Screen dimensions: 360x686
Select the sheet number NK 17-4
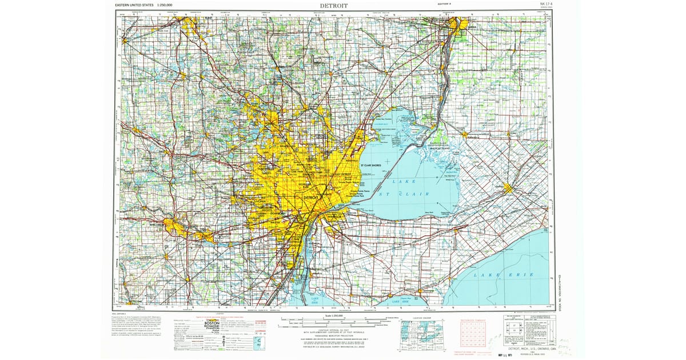(x=547, y=4)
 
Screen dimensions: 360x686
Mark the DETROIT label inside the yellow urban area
(x=311, y=197)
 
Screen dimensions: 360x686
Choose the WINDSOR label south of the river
(x=334, y=218)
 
